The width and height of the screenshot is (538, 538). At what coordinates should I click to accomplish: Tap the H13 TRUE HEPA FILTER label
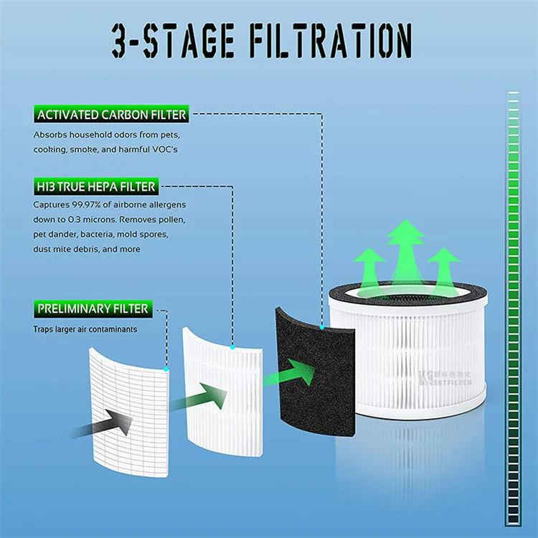tap(95, 187)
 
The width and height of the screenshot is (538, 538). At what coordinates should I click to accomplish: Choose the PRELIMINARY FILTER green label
tap(93, 309)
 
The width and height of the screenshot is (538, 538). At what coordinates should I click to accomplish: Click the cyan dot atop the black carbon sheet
tap(322, 327)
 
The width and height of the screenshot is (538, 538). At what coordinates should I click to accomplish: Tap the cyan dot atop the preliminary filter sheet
tap(166, 369)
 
